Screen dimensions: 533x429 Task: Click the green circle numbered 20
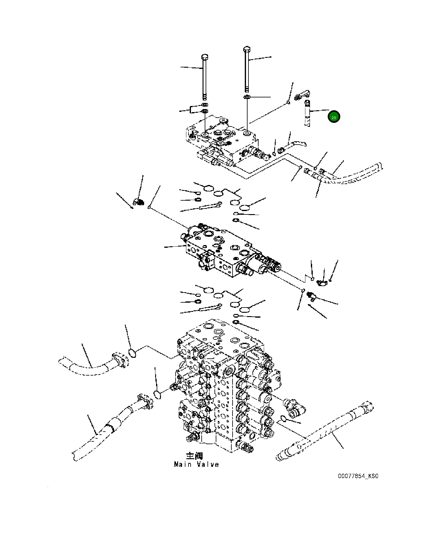click(x=334, y=117)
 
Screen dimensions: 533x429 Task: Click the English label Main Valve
click(x=196, y=464)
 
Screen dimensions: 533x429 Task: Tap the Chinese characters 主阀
click(x=195, y=456)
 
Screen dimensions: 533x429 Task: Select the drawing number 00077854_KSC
click(x=358, y=485)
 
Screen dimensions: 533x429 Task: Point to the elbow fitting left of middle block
click(x=138, y=202)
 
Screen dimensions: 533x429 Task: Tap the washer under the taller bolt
click(x=247, y=97)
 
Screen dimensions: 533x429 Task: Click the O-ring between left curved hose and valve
click(x=132, y=353)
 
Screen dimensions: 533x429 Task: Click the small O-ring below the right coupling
click(x=283, y=418)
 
